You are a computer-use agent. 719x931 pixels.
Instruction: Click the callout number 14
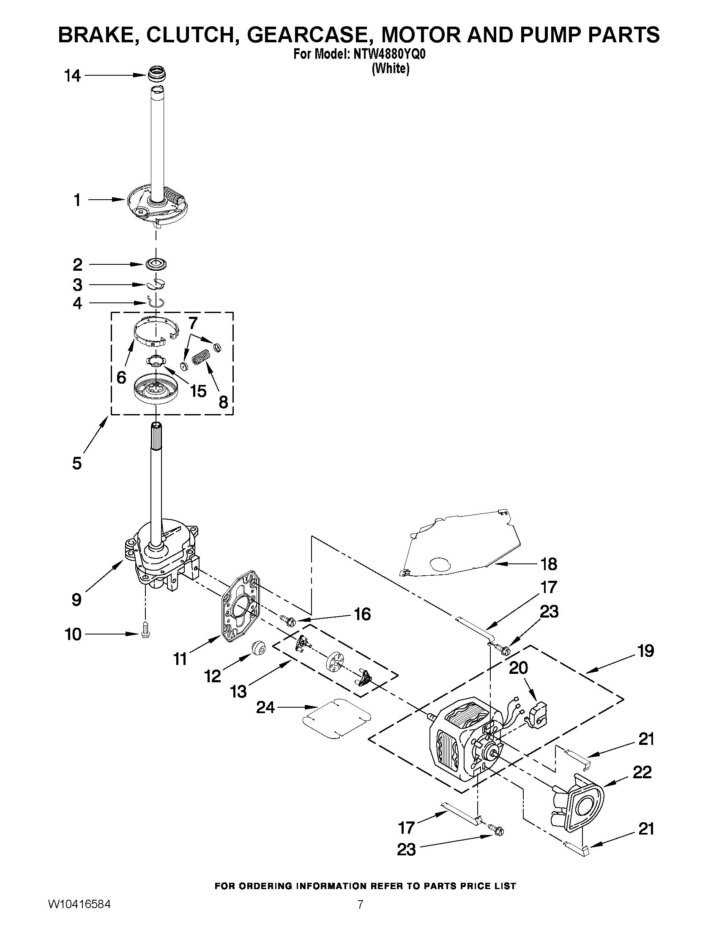(x=72, y=76)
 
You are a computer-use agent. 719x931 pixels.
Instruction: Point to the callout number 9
(x=76, y=600)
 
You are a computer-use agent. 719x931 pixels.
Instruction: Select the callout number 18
(x=549, y=564)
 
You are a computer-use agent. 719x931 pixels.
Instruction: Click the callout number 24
(x=265, y=708)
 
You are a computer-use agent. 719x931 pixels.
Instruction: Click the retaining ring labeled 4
(x=156, y=302)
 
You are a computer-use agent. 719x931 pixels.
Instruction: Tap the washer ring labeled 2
(x=156, y=264)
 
